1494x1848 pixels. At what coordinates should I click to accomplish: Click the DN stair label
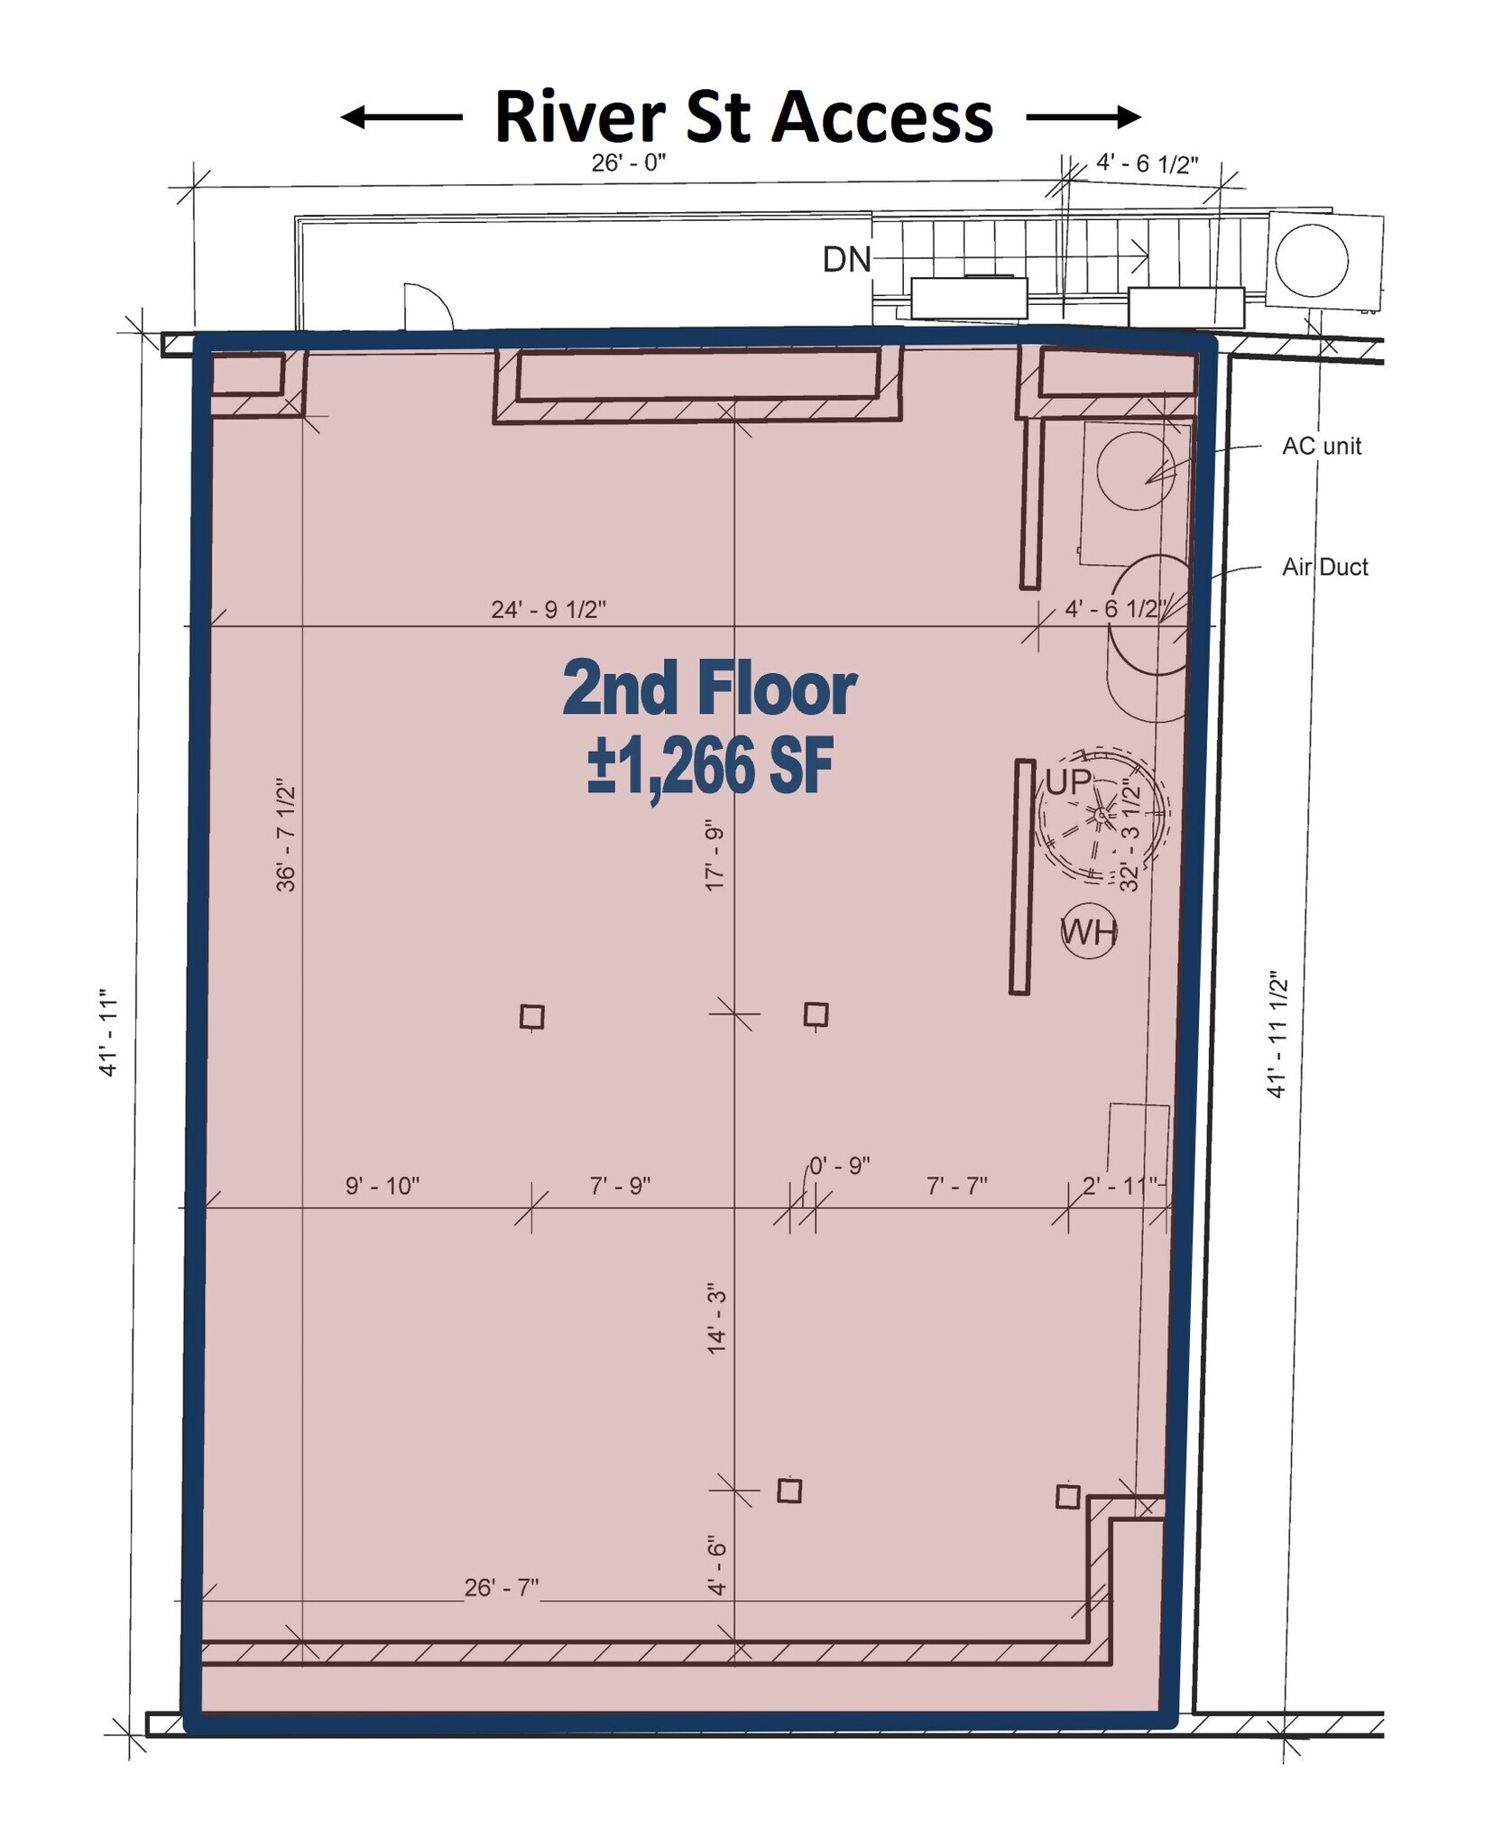click(x=845, y=260)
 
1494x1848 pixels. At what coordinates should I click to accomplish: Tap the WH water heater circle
click(x=1088, y=931)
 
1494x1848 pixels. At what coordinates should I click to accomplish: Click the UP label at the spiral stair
click(x=1068, y=781)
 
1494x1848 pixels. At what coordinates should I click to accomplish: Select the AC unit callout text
click(x=1321, y=446)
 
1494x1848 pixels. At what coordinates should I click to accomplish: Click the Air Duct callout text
click(x=1324, y=567)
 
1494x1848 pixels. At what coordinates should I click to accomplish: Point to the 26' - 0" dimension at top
click(x=628, y=163)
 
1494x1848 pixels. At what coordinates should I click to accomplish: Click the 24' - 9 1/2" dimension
click(x=548, y=610)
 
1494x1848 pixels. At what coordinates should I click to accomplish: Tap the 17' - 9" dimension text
click(x=715, y=855)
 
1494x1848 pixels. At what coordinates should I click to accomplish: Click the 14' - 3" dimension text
click(x=717, y=1317)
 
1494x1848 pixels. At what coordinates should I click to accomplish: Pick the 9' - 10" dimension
click(x=383, y=1186)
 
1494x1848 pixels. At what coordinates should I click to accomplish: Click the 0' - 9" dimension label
click(x=839, y=1166)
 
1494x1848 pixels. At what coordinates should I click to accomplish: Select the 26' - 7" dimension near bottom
click(x=501, y=1587)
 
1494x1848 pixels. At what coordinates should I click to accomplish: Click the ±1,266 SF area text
click(x=710, y=767)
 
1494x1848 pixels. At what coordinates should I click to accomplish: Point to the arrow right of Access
click(x=1083, y=116)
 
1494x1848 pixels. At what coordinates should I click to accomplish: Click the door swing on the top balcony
click(x=427, y=307)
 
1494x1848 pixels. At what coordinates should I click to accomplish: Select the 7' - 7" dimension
click(x=956, y=1186)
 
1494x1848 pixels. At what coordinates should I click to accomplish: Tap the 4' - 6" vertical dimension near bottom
click(x=717, y=1565)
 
